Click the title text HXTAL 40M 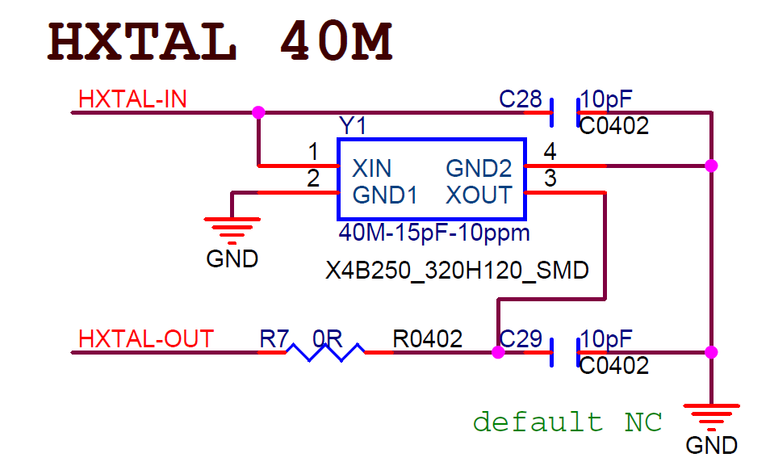[x=220, y=43]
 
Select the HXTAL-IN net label [x=132, y=99]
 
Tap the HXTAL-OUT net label [x=146, y=338]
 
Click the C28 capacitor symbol [x=564, y=112]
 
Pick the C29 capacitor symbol [x=564, y=352]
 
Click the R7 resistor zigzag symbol [x=327, y=352]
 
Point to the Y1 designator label [x=353, y=126]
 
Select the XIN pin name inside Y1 [x=372, y=168]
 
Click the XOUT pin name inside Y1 [x=479, y=195]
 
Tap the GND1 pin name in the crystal [x=383, y=195]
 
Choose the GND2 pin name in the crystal [x=479, y=168]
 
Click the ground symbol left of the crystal [x=232, y=229]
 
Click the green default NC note [x=567, y=422]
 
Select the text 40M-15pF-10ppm [x=434, y=233]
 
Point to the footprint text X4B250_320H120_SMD [x=457, y=270]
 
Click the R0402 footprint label [x=428, y=338]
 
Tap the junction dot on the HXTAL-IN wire [x=258, y=112]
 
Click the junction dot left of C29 [x=498, y=352]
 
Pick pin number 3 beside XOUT [x=550, y=179]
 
